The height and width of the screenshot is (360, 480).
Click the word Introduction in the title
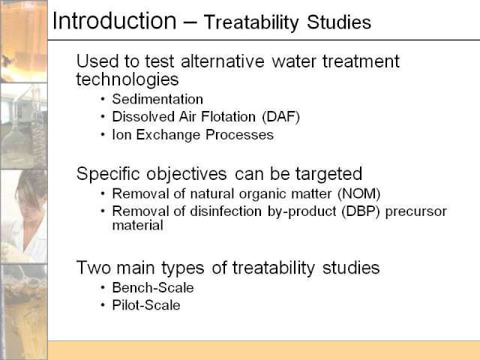tap(115, 21)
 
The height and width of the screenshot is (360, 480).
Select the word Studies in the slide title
tap(339, 22)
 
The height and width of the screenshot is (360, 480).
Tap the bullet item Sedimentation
tap(157, 99)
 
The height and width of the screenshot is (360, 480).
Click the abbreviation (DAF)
tap(280, 117)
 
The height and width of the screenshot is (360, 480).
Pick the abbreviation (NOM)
tap(358, 193)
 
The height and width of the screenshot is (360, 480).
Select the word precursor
tap(416, 211)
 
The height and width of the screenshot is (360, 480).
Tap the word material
tap(137, 225)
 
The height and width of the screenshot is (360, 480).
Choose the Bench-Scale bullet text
tap(153, 288)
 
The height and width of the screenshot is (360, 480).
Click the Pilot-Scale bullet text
tap(146, 305)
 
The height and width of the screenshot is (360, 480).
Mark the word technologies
tap(127, 79)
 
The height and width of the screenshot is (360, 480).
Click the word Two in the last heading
tap(94, 268)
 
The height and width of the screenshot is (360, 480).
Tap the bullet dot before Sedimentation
tap(103, 99)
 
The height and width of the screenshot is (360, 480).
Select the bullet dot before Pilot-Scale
tap(103, 305)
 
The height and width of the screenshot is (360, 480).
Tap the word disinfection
tap(226, 211)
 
